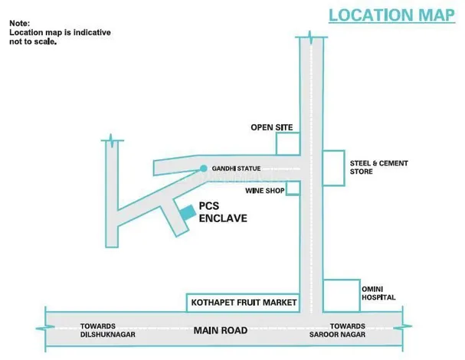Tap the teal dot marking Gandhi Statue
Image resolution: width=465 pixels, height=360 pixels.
203,169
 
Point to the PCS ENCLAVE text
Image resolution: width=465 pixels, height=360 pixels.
223,212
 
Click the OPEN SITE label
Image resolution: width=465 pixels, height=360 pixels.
271,127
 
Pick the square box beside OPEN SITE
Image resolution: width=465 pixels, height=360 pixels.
287,143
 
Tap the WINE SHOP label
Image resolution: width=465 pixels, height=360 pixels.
264,188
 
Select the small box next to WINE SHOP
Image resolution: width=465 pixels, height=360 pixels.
293,188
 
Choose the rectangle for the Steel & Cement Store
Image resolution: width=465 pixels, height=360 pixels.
333,167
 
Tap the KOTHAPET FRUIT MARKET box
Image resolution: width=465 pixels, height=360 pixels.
242,303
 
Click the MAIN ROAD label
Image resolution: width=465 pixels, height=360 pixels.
221,331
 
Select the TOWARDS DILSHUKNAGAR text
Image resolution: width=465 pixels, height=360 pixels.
106,331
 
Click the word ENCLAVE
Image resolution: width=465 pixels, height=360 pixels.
223,218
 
